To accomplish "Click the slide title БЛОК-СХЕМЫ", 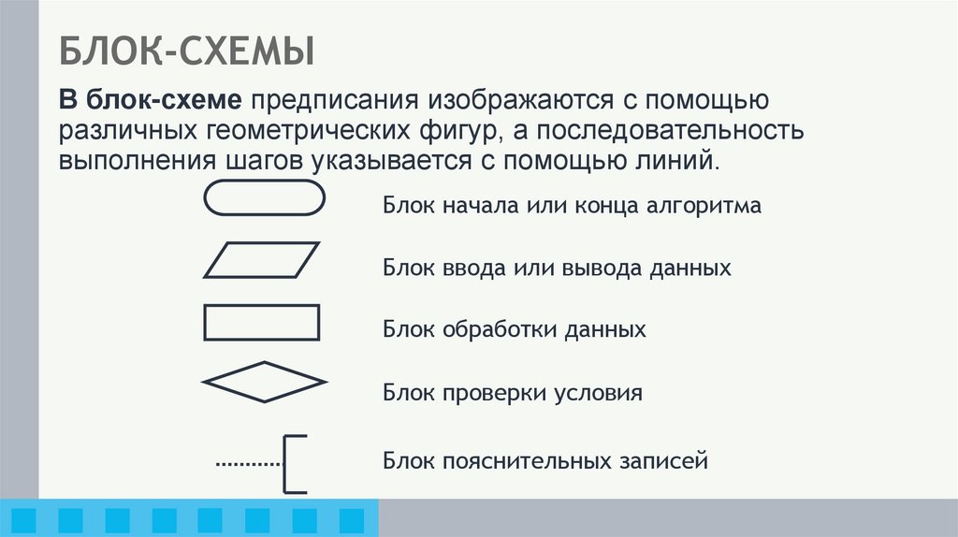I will pos(187,51).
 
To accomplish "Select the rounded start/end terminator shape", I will pos(263,198).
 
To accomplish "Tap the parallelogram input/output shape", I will pos(262,260).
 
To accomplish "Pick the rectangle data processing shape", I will pos(262,322).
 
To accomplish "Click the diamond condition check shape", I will pos(264,382).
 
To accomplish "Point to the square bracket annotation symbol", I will pos(294,463).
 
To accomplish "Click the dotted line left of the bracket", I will pos(249,463).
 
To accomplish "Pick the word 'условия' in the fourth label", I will pos(602,393).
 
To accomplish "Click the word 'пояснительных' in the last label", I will pos(528,461).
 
